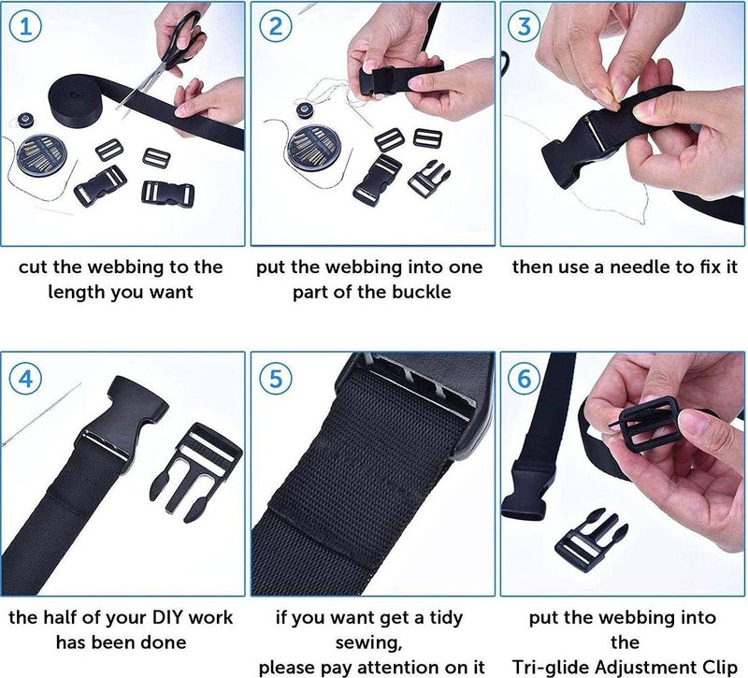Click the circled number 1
pos(26,26)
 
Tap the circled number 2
pos(276,26)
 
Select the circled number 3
pos(525,26)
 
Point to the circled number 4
pos(26,379)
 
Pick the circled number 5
pos(276,379)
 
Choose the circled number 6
pos(525,379)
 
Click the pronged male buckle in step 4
pos(196,472)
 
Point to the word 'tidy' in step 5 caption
pos(446,618)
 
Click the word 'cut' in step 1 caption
pos(34,267)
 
